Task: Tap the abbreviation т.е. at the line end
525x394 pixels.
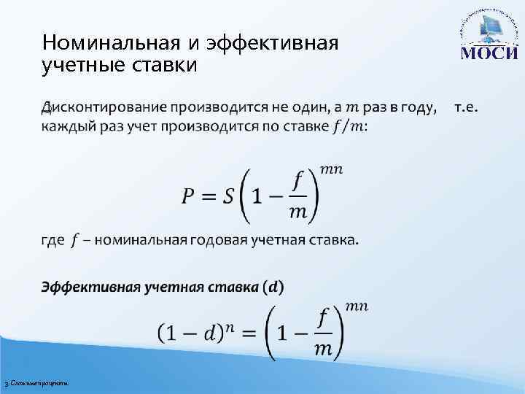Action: [467, 108]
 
